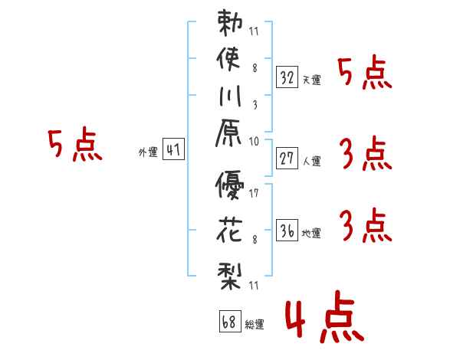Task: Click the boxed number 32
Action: click(x=287, y=77)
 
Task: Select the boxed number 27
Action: click(x=287, y=158)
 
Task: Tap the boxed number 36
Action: click(x=287, y=231)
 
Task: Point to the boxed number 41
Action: click(x=173, y=150)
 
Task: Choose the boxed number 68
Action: click(x=228, y=322)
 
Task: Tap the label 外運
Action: click(x=148, y=152)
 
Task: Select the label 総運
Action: click(x=254, y=325)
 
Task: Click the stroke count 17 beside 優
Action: click(x=254, y=194)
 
